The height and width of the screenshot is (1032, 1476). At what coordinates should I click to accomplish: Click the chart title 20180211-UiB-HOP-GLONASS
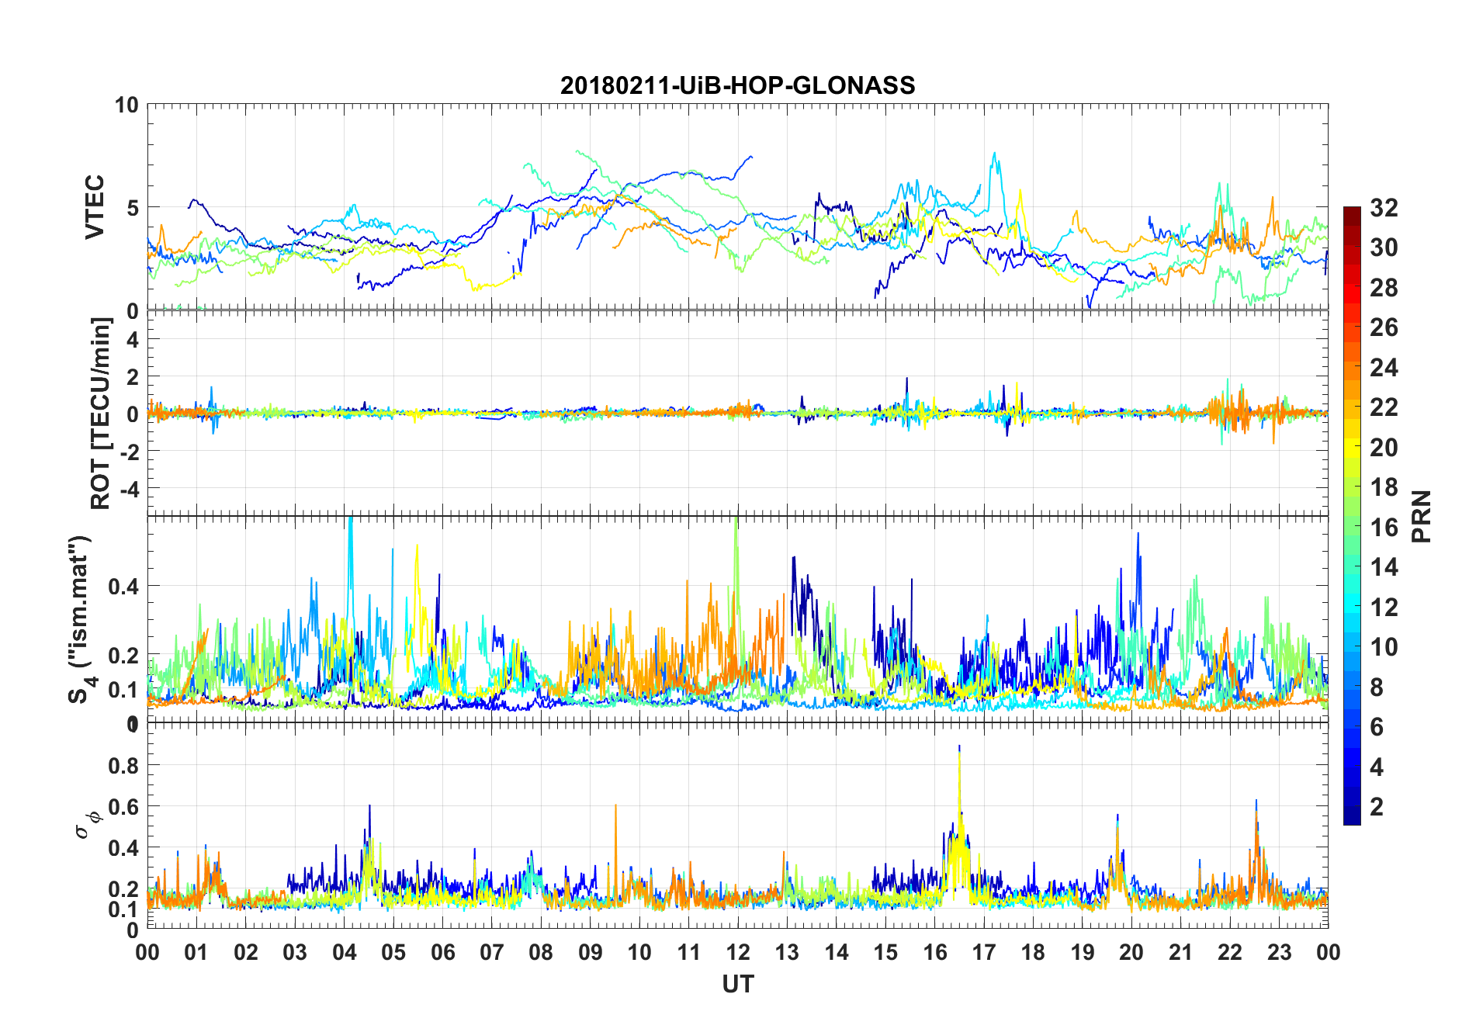click(737, 85)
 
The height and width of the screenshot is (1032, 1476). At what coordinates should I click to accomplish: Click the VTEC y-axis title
click(95, 207)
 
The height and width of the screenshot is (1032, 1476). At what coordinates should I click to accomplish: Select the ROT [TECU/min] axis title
click(101, 413)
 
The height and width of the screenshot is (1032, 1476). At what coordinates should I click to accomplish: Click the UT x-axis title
click(737, 984)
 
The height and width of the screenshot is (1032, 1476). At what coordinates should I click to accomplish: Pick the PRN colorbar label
click(1422, 516)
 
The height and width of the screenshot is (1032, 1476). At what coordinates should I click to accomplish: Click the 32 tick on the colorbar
click(1384, 208)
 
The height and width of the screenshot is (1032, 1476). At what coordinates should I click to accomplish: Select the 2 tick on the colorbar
click(1377, 806)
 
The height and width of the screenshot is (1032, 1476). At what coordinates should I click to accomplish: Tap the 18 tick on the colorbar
click(1384, 487)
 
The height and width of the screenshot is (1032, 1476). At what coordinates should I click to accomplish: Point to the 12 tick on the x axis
click(738, 952)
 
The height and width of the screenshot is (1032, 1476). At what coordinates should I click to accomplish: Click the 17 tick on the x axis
click(984, 952)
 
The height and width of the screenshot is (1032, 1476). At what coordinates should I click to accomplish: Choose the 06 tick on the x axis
click(443, 952)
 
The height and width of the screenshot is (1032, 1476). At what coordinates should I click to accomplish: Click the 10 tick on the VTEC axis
click(126, 105)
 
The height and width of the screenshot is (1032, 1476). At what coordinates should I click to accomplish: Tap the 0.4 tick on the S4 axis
click(123, 586)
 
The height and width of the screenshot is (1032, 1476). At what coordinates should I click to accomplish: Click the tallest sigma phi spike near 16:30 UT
click(959, 746)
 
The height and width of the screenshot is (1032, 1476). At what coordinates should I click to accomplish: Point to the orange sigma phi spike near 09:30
click(615, 805)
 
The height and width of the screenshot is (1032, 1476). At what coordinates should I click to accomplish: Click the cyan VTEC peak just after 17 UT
click(995, 154)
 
